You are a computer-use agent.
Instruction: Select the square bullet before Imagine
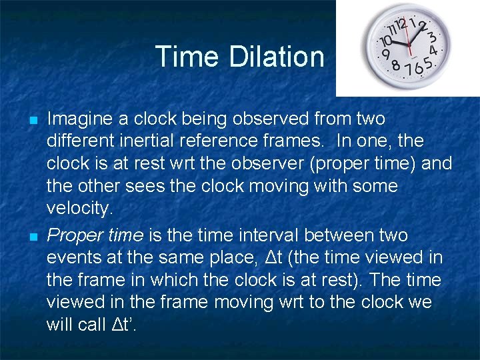coord(32,121)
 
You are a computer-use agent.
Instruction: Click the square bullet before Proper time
coord(32,237)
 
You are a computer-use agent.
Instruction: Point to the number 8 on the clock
coord(395,65)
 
